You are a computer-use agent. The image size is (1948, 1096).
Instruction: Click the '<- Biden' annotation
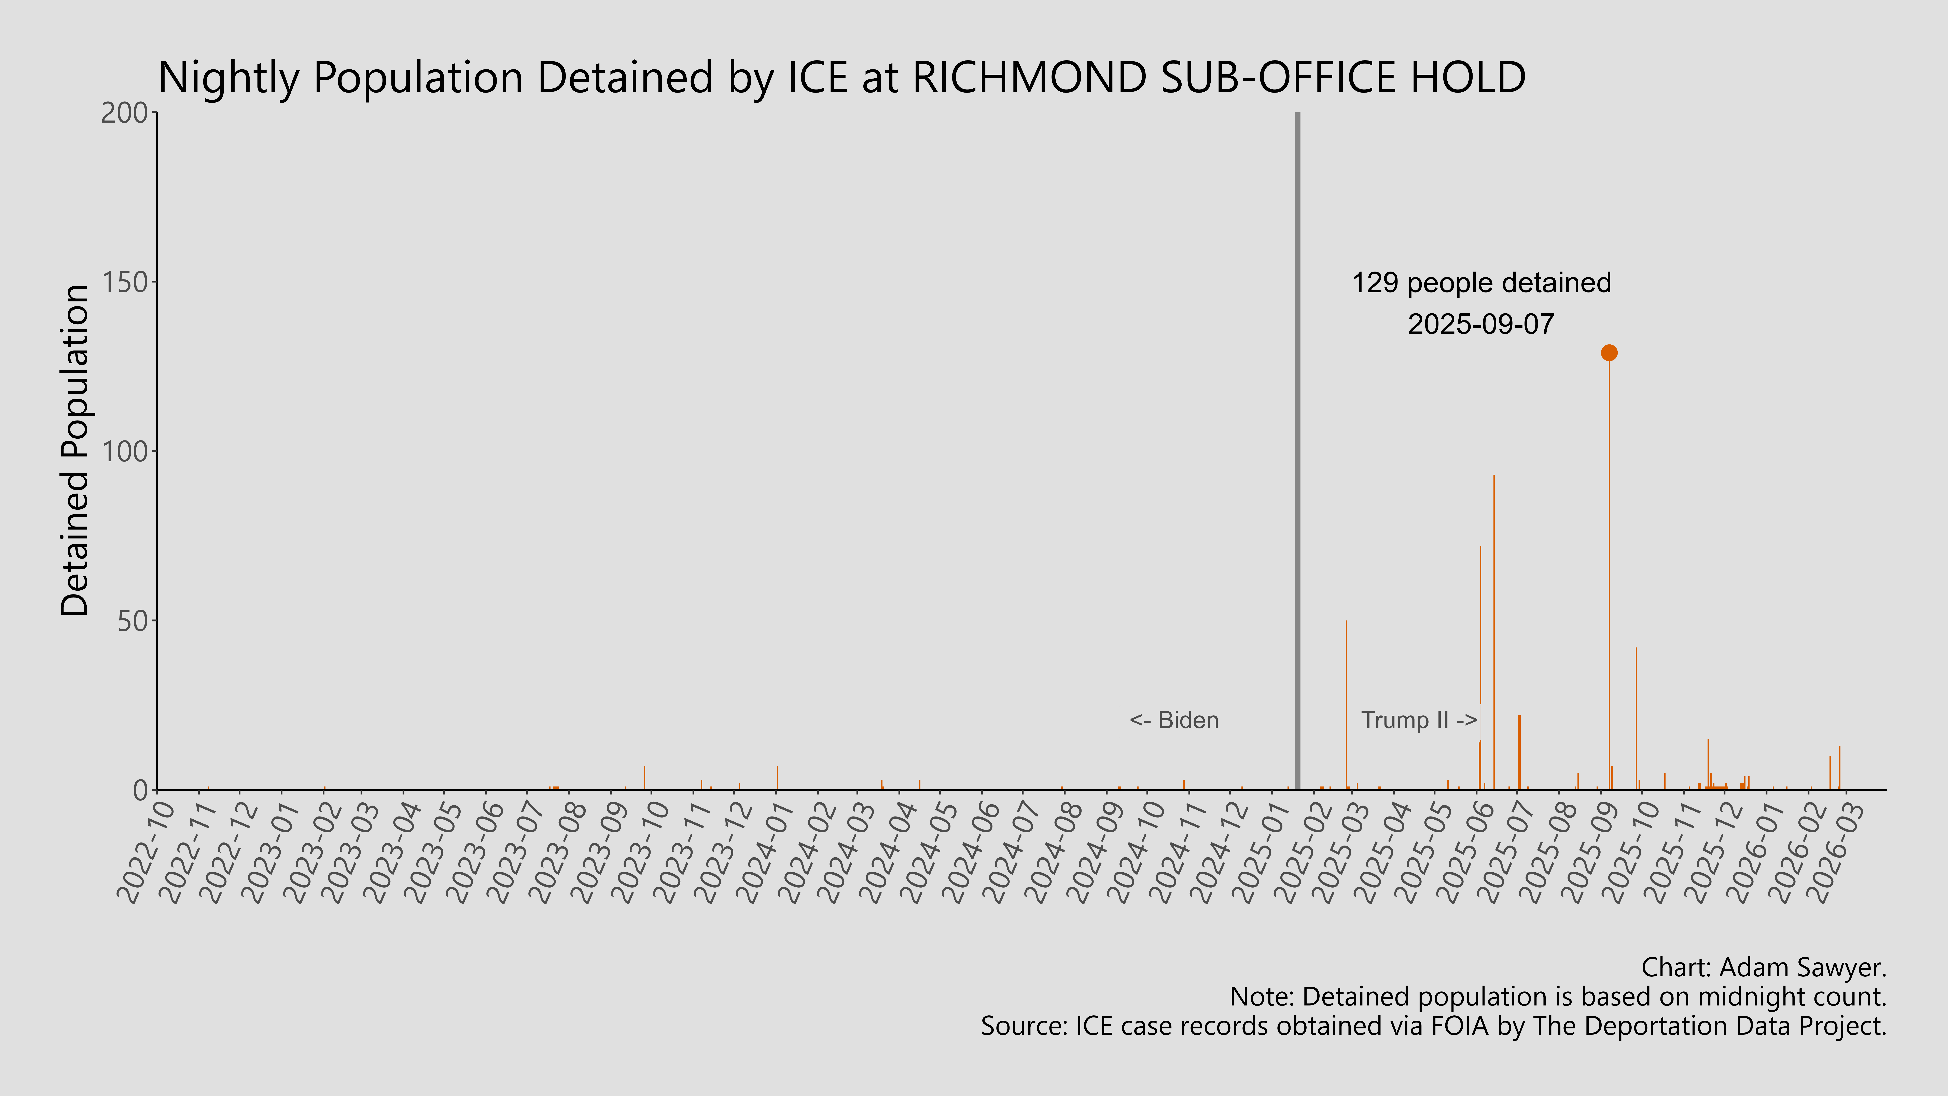[1174, 720]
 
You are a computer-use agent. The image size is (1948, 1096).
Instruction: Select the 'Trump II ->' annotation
[1419, 720]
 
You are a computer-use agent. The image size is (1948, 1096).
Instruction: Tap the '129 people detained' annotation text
[1481, 283]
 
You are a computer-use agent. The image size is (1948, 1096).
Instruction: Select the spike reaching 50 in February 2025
[1346, 703]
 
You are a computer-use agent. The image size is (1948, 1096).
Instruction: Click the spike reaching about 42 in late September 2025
[1636, 718]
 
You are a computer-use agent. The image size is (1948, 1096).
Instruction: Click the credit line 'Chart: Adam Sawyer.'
[1764, 967]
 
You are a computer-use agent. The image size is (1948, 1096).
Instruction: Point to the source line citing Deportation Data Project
[1433, 1026]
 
